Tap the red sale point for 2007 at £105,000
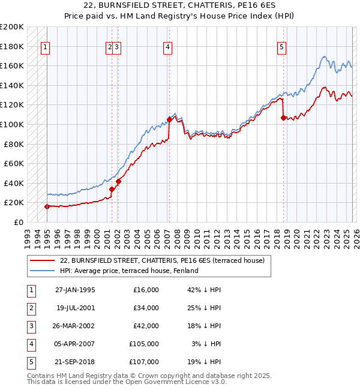169,119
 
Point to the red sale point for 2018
283,118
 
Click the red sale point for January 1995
47,206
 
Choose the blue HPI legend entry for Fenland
128,271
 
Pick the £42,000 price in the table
146,326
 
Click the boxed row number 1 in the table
30,290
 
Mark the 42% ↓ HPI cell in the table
204,290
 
